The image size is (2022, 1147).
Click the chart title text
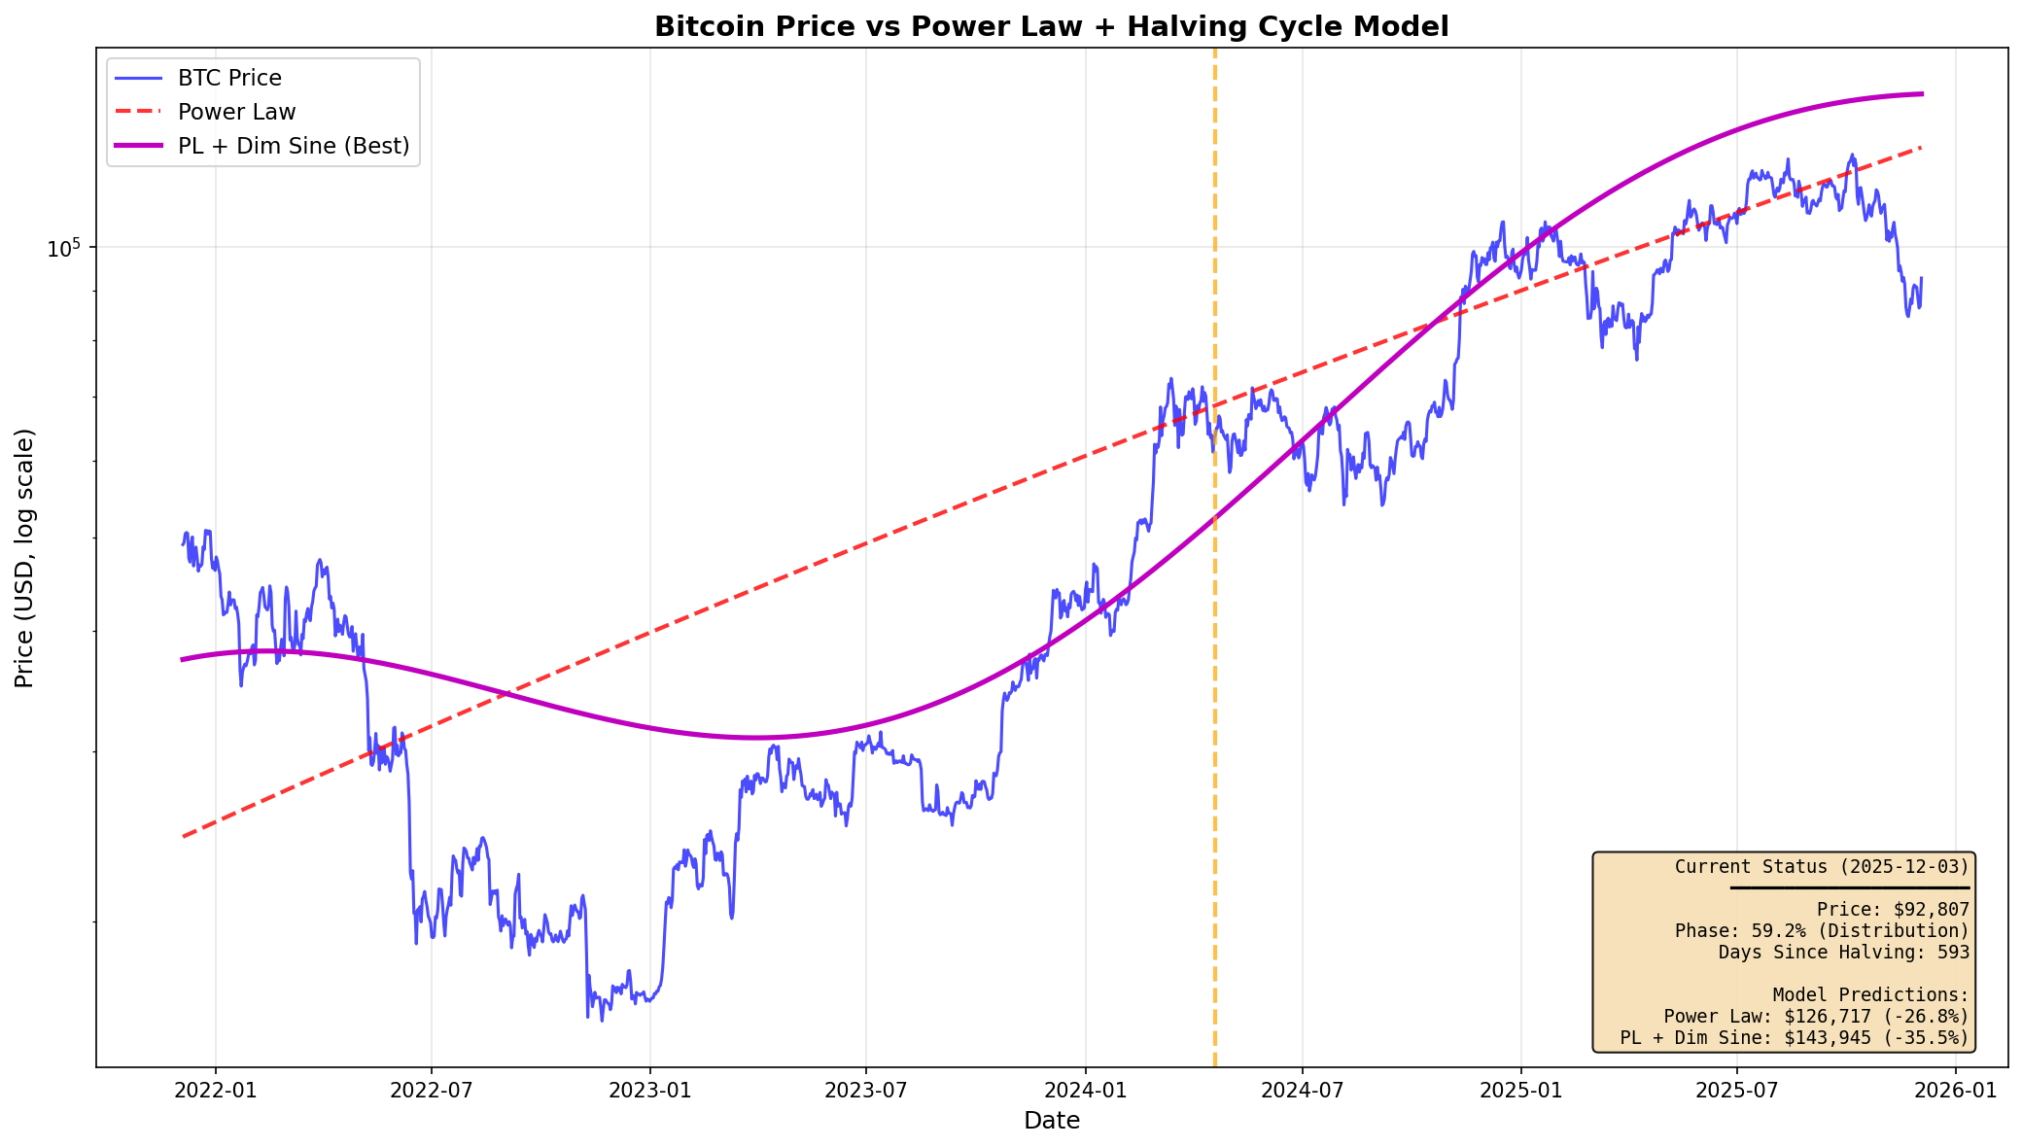click(x=1051, y=26)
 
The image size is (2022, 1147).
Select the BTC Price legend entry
click(x=229, y=78)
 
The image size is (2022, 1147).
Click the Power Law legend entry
click(x=236, y=112)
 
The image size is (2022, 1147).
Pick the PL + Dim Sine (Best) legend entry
click(x=293, y=146)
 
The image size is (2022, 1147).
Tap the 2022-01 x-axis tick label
click(x=215, y=1091)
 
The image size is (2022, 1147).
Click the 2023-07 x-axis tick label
click(x=865, y=1091)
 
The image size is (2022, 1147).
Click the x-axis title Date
click(x=1051, y=1122)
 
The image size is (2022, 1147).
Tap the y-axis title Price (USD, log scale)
click(x=24, y=558)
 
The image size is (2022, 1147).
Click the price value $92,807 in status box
click(x=1931, y=910)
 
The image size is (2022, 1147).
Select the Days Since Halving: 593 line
click(x=1843, y=953)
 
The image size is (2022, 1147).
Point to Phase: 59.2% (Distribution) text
click(x=1822, y=931)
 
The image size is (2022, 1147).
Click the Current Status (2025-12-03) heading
click(x=1822, y=867)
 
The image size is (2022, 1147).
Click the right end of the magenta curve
click(x=1921, y=94)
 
